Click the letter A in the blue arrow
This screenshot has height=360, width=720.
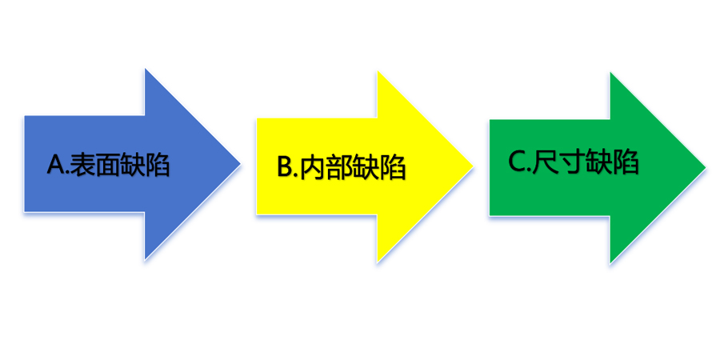pos(55,165)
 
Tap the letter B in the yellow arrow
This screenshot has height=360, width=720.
pos(286,167)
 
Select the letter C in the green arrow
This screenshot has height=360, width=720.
pos(517,162)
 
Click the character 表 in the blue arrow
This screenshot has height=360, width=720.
pos(82,165)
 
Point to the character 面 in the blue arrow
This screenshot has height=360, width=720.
pos(108,165)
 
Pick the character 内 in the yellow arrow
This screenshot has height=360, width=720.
pos(313,167)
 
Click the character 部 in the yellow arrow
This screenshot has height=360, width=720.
pos(340,167)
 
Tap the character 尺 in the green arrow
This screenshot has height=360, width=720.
pos(545,162)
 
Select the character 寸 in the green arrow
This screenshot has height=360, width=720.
pos(571,162)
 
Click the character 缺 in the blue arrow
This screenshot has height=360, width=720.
pos(134,165)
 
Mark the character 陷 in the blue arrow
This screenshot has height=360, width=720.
pos(158,165)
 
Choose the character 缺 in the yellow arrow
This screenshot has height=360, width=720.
pos(366,167)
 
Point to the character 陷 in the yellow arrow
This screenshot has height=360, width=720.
pos(392,167)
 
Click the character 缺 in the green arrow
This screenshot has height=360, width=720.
pos(598,162)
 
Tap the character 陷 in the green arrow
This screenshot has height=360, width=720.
pos(625,162)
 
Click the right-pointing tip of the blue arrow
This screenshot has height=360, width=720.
pos(239,165)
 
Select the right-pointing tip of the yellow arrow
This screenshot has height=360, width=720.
pos(473,167)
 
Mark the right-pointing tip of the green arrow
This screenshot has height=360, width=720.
pos(706,167)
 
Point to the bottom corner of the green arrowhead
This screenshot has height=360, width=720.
pos(610,262)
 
